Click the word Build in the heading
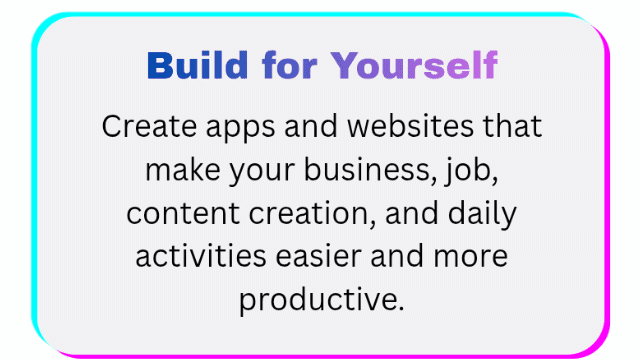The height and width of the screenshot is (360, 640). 198,65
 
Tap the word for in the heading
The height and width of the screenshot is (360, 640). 290,65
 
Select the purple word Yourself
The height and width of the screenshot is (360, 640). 414,65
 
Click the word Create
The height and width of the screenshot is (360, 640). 149,126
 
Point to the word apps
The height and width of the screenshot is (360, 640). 240,129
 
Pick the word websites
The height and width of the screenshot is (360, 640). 410,126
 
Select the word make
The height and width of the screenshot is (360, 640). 183,170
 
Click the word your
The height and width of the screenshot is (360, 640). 262,172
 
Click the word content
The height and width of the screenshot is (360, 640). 183,213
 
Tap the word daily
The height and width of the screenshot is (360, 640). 482,214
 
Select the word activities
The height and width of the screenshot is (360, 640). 201,256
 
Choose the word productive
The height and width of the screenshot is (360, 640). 318,300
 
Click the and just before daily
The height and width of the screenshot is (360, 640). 412,213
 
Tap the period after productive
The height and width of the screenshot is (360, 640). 400,309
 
